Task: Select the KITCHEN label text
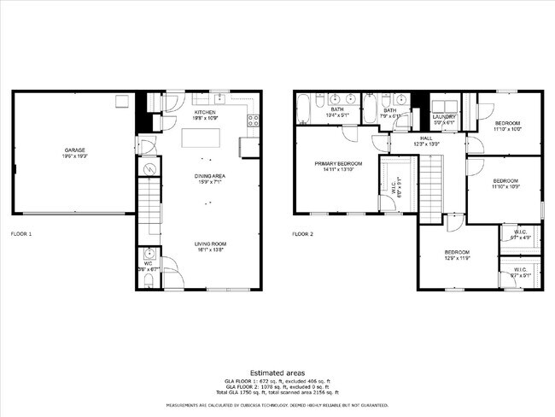click(205, 112)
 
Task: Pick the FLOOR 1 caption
click(20, 232)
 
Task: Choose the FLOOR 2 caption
click(302, 232)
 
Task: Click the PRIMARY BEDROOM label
click(338, 163)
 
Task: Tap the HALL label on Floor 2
click(426, 137)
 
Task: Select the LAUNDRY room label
click(444, 116)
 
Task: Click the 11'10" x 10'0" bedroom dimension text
click(506, 129)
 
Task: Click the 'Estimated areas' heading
click(277, 373)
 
